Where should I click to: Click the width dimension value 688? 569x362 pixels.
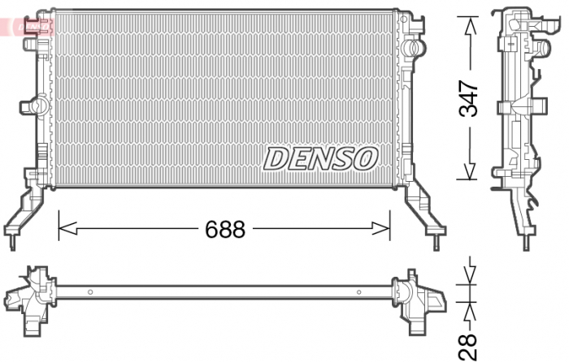tap(224, 230)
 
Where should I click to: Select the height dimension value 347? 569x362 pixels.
tap(469, 98)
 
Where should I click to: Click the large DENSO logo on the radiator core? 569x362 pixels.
tap(320, 158)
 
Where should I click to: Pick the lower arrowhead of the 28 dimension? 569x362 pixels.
tap(469, 308)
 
